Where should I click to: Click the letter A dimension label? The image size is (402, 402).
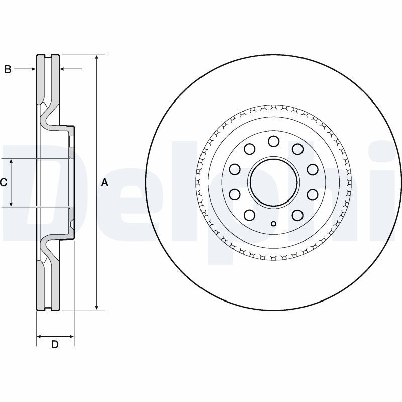[x=105, y=183]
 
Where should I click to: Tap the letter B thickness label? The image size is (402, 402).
[x=8, y=69]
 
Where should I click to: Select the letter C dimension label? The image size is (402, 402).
[x=4, y=183]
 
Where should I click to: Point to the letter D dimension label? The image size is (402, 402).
[x=55, y=345]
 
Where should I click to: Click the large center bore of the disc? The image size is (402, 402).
[x=273, y=181]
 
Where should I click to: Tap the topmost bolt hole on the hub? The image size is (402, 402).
[x=273, y=141]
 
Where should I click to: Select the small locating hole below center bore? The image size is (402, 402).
[x=273, y=224]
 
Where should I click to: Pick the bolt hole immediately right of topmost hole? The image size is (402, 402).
[x=297, y=149]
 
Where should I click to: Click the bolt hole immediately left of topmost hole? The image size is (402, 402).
[x=249, y=149]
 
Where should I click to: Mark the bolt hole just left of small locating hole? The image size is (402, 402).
[x=249, y=215]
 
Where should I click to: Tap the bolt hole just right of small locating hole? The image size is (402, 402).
[x=297, y=215]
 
